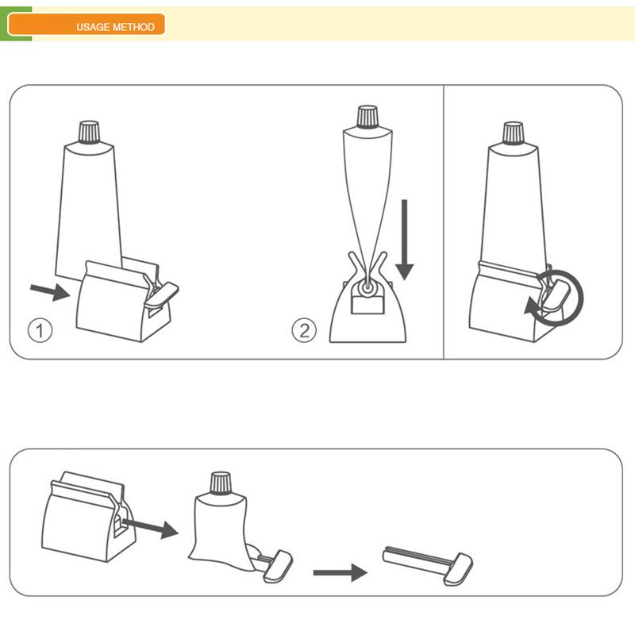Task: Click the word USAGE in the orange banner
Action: click(93, 27)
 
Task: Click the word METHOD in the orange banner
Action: click(133, 27)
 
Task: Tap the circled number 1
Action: click(40, 330)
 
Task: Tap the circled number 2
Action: click(304, 330)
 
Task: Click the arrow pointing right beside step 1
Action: click(50, 291)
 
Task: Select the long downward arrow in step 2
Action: click(404, 240)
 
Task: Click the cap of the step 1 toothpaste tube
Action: click(89, 132)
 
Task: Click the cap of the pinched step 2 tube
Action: click(368, 117)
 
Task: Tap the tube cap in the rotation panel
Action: click(513, 133)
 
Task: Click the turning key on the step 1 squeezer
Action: click(162, 294)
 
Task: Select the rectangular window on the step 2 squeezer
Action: click(367, 305)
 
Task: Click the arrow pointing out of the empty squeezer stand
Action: click(150, 528)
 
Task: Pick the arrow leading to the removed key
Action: click(341, 572)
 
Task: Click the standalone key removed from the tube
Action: click(428, 565)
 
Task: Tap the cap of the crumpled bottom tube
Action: click(221, 483)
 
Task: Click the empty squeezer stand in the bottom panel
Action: click(89, 517)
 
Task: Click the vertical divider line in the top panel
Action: click(444, 222)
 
